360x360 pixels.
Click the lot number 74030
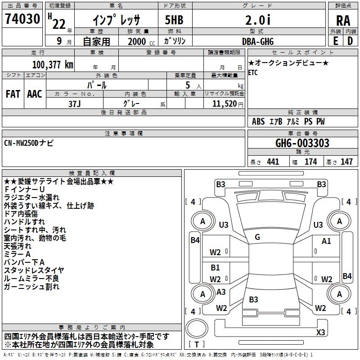(22, 19)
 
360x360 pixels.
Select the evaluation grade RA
(343, 21)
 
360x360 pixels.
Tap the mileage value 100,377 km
(53, 65)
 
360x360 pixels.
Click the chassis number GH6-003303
(302, 143)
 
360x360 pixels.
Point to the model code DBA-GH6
(258, 41)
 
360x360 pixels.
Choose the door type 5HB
(174, 20)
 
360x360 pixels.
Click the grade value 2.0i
(258, 20)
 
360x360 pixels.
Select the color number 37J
(74, 104)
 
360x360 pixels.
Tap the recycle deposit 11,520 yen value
(228, 104)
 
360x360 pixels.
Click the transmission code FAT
(13, 94)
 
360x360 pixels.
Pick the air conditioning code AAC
(35, 94)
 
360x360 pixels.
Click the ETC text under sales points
(253, 73)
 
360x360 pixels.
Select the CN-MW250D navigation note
(29, 143)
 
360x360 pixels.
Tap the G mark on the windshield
(257, 237)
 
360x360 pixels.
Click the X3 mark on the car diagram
(320, 332)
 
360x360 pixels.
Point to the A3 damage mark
(221, 292)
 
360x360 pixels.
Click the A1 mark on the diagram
(326, 241)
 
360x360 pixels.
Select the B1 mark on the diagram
(216, 267)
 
